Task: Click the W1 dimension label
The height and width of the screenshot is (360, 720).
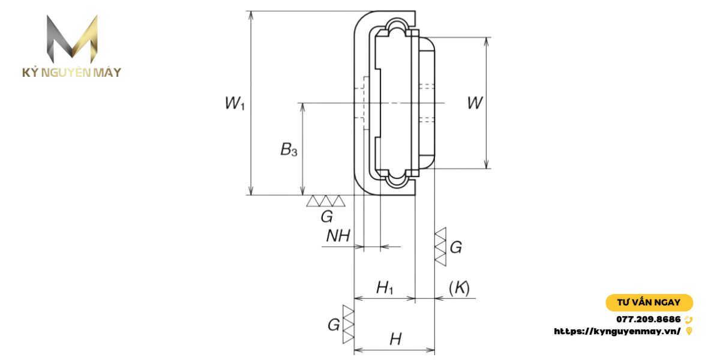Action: click(x=235, y=104)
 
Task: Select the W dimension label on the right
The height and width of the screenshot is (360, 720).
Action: click(x=475, y=103)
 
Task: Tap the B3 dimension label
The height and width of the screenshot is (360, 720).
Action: click(x=289, y=150)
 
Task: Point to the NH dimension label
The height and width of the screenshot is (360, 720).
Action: click(x=338, y=236)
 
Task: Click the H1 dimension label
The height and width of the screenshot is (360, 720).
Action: click(x=385, y=288)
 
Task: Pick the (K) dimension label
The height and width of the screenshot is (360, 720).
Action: click(x=459, y=288)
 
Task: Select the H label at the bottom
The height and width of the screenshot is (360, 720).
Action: click(x=395, y=340)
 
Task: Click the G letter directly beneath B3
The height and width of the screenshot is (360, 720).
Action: click(x=326, y=217)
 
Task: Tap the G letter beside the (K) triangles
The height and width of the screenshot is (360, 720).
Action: click(x=456, y=247)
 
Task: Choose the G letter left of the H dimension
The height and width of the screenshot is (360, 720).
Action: click(x=334, y=325)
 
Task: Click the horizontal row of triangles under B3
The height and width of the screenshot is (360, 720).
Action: click(x=325, y=201)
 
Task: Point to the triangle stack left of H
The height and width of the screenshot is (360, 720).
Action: click(x=348, y=325)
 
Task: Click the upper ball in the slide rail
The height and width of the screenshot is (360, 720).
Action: click(x=396, y=26)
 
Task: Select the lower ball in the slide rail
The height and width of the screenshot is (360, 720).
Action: click(x=396, y=179)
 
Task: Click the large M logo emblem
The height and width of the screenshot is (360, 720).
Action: click(x=72, y=39)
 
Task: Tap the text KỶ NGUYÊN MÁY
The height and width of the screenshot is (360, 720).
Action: click(x=72, y=73)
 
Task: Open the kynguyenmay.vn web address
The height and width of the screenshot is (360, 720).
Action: click(x=617, y=331)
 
